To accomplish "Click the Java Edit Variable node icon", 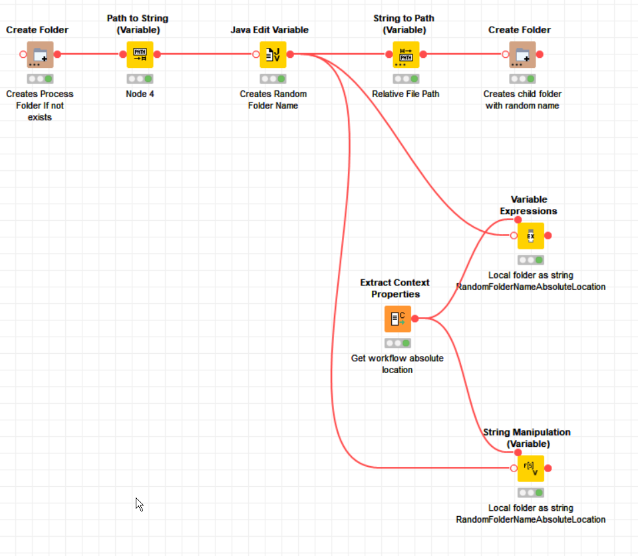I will tap(273, 55).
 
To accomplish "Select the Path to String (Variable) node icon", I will tap(140, 55).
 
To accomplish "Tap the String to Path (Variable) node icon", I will tap(406, 55).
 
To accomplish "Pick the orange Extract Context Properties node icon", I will tap(398, 319).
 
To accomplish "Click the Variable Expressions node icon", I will tap(531, 235).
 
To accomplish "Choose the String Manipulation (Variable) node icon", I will tap(531, 468).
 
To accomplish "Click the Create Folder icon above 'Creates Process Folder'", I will tap(40, 55).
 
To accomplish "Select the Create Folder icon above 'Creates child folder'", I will tap(522, 55).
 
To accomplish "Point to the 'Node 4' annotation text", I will tap(140, 94).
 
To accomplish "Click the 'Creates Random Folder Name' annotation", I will tap(273, 100).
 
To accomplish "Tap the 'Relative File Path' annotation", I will tap(406, 94).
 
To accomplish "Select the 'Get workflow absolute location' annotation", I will tap(397, 364).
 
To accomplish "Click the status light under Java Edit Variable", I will tap(273, 78).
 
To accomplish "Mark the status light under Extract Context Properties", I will tap(398, 343).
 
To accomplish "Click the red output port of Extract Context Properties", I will tap(415, 319).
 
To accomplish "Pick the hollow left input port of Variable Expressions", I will tap(514, 235).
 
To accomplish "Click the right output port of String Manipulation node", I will tap(548, 468).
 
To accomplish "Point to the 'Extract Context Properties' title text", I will tap(395, 289).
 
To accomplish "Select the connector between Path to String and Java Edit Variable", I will tap(206, 55).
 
